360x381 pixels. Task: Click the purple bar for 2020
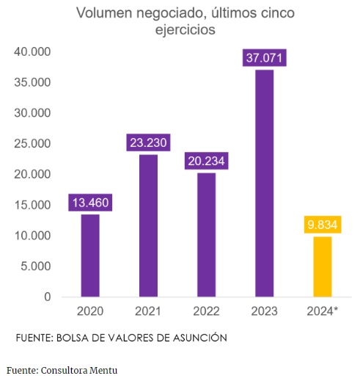pos(90,255)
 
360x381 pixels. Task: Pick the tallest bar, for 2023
pos(264,184)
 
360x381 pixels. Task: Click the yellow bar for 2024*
pos(322,266)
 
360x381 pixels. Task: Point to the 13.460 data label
pos(90,203)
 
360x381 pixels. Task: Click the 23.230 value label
pos(148,143)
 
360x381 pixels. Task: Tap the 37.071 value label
pos(264,58)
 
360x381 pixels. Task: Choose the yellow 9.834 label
pos(322,225)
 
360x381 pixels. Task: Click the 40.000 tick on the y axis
pos(31,52)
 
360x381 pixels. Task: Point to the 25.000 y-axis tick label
pos(31,144)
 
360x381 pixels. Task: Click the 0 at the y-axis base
pos(47,297)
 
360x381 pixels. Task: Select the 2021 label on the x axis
pos(148,311)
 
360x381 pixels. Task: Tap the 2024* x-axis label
pos(322,311)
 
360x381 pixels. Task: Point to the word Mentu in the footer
pos(102,370)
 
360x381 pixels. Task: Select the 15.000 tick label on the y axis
pos(31,206)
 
